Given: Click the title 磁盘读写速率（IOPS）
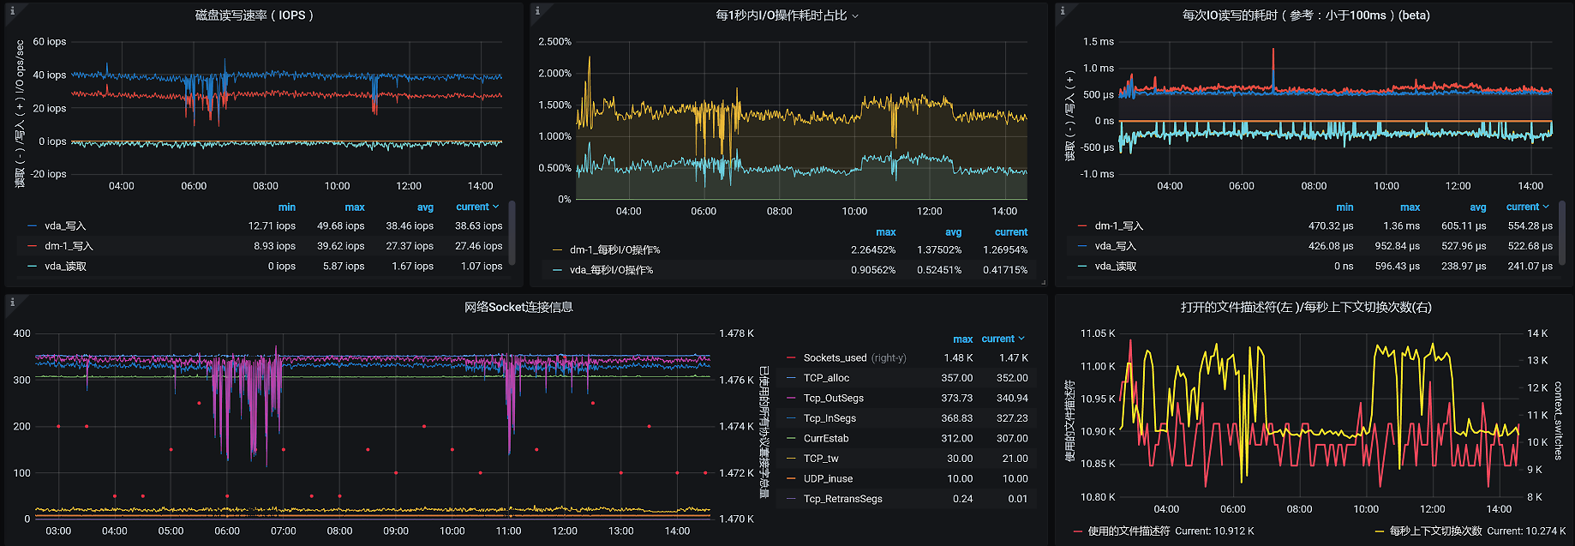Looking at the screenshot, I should [x=254, y=15].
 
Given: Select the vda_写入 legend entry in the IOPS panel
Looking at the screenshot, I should [x=65, y=226].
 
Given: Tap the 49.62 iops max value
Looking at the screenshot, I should [x=340, y=226].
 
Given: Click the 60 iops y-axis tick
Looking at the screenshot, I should [x=50, y=42].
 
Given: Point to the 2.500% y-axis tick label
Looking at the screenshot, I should [x=554, y=42].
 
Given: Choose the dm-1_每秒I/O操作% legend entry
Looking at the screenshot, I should [x=614, y=250].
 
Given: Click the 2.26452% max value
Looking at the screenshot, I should [x=872, y=250].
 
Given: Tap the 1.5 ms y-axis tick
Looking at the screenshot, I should [x=1098, y=42].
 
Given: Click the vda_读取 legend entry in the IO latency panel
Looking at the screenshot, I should [x=1115, y=267].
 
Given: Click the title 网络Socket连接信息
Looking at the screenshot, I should [x=518, y=308].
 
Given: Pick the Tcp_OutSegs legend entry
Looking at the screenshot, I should [x=833, y=399].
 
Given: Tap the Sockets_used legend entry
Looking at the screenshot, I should [x=835, y=358].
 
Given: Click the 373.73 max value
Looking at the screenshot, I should [x=956, y=399].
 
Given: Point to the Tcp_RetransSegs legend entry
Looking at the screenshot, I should [x=842, y=499].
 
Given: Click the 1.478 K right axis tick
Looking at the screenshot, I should [x=736, y=333].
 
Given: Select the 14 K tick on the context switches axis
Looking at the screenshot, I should [x=1537, y=333].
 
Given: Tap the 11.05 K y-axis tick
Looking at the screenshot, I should [x=1098, y=333].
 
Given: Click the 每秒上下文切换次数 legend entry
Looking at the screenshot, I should [x=1435, y=531].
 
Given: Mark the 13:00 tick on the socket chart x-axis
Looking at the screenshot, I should [x=620, y=531].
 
